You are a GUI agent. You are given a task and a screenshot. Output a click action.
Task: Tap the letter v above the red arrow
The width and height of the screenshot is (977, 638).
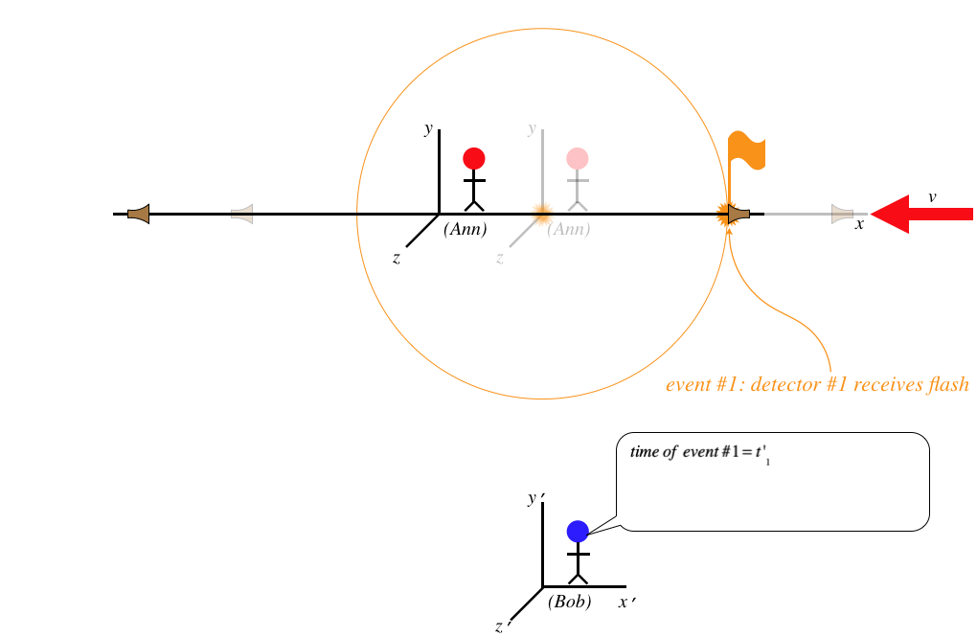pyautogui.click(x=932, y=196)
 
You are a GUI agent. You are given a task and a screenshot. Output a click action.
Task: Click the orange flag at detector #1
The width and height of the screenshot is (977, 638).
pyautogui.click(x=745, y=151)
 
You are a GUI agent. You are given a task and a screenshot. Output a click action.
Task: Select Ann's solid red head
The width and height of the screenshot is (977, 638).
pyautogui.click(x=474, y=158)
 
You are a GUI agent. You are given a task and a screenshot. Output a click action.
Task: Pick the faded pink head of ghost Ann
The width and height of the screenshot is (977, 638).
pyautogui.click(x=577, y=158)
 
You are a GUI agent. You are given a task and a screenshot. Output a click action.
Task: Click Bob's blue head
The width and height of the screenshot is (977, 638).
pyautogui.click(x=577, y=531)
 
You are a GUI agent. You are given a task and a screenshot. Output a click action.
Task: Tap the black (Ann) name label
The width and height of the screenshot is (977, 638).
pyautogui.click(x=466, y=230)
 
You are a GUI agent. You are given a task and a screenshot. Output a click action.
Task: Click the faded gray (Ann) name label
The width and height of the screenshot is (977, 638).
pyautogui.click(x=569, y=230)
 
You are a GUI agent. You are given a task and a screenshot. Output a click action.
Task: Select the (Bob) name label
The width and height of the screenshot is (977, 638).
pyautogui.click(x=569, y=603)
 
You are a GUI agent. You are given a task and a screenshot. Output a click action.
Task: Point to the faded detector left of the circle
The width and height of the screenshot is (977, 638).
pyautogui.click(x=242, y=214)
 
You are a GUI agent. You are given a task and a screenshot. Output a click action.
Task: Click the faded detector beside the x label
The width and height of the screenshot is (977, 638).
pyautogui.click(x=841, y=214)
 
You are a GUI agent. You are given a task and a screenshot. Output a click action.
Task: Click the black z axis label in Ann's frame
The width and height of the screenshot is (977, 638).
pyautogui.click(x=397, y=258)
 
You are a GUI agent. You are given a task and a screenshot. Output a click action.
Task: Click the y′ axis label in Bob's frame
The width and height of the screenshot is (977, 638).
pyautogui.click(x=534, y=498)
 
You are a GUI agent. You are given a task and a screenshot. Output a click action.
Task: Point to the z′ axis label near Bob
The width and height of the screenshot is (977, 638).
pyautogui.click(x=502, y=627)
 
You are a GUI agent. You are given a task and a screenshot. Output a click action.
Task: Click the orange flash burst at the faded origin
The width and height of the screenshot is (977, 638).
pyautogui.click(x=542, y=213)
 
